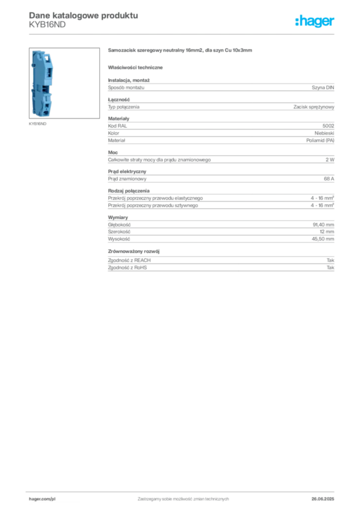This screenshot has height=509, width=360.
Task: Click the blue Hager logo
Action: (x=316, y=22)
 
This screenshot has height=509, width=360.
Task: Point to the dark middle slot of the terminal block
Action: (x=43, y=89)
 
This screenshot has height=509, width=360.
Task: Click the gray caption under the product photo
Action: (x=37, y=124)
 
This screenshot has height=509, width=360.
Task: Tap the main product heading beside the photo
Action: (x=181, y=51)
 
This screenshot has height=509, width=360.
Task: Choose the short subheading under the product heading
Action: (x=137, y=67)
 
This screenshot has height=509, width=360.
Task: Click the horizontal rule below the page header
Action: (x=183, y=34)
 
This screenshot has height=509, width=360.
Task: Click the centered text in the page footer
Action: (x=182, y=498)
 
